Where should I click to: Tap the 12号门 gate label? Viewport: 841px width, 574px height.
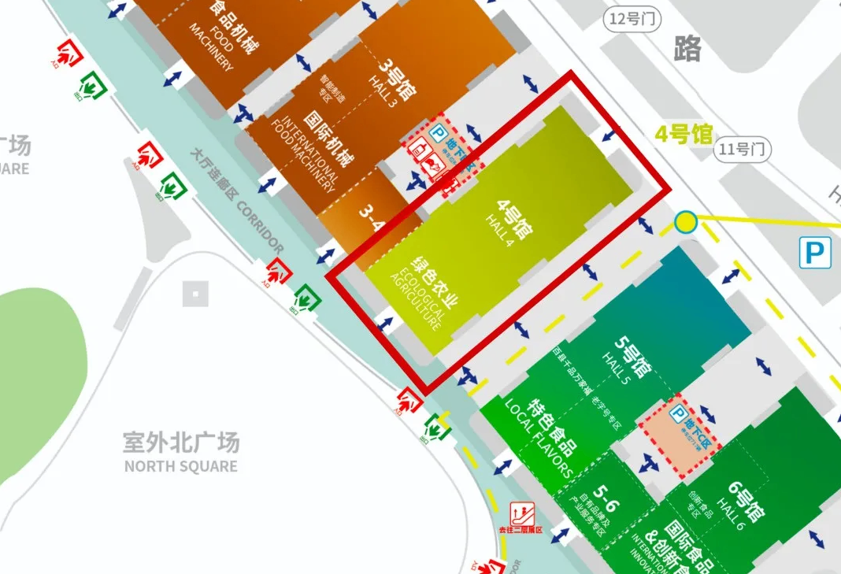pos(633,20)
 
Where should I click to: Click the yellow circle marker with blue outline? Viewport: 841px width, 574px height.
pos(686,222)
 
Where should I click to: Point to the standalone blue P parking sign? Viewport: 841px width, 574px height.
pos(815,253)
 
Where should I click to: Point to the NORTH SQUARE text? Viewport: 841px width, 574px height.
pos(180,466)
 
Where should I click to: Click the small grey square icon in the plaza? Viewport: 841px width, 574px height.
pos(195,294)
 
